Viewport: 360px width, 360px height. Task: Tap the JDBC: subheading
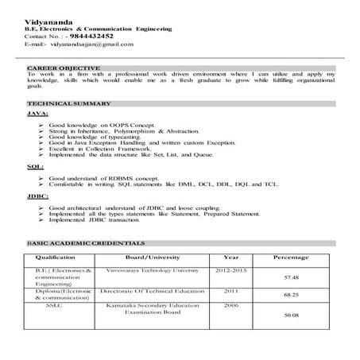pos(37,195)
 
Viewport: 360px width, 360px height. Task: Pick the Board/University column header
pos(152,258)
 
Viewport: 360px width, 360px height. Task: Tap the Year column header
pos(230,258)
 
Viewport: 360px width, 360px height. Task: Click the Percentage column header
pos(292,258)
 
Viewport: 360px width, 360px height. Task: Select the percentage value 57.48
pos(292,278)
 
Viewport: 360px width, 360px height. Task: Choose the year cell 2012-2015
pos(230,270)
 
